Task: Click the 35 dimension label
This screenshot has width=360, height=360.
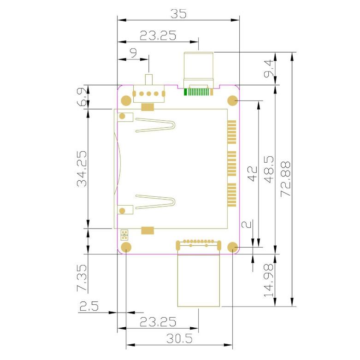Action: [x=178, y=13]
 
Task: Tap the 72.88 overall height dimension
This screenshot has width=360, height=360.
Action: [x=286, y=179]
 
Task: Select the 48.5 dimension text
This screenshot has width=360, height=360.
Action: [x=269, y=169]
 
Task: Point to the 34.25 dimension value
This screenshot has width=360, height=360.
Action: [x=82, y=169]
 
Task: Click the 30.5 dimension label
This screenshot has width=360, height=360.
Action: [x=180, y=338]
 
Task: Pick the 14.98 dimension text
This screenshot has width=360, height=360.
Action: [x=269, y=281]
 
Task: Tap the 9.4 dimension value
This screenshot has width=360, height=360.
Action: [x=269, y=68]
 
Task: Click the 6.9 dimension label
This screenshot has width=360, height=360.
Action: [x=82, y=97]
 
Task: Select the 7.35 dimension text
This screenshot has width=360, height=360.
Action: [x=82, y=278]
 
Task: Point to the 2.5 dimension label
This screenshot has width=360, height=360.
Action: [x=89, y=306]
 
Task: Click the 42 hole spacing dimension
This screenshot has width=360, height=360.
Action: [x=252, y=174]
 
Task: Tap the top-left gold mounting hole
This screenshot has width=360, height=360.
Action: [x=126, y=100]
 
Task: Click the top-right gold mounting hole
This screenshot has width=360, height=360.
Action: [x=232, y=100]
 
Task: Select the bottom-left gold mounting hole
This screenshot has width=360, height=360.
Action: [x=126, y=247]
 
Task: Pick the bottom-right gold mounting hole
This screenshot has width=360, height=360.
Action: [x=232, y=247]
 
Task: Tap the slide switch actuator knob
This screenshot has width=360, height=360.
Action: [x=149, y=79]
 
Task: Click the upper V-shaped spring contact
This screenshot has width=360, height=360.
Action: [x=155, y=125]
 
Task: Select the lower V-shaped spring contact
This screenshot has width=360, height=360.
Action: [x=155, y=202]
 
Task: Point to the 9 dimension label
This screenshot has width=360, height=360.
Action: [x=133, y=53]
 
